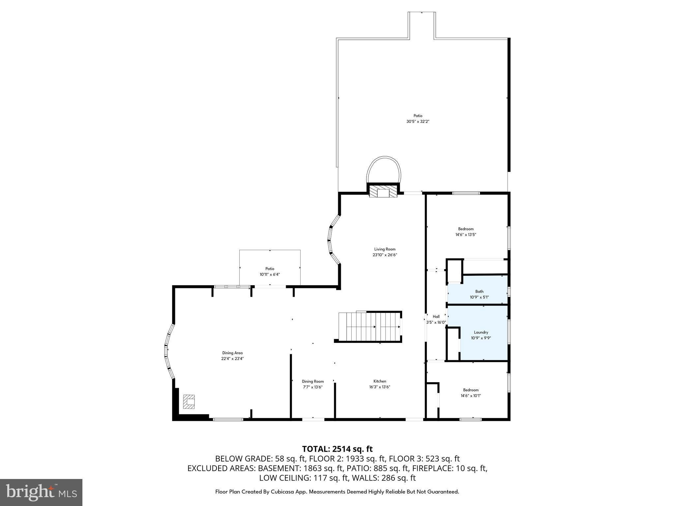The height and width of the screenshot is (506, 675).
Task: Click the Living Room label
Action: pyautogui.click(x=385, y=249)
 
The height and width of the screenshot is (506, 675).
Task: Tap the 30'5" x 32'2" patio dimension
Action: pyautogui.click(x=418, y=122)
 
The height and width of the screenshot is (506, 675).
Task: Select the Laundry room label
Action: pyautogui.click(x=481, y=332)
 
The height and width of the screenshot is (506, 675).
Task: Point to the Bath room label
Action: pyautogui.click(x=479, y=291)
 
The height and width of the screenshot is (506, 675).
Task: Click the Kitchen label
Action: pyautogui.click(x=380, y=381)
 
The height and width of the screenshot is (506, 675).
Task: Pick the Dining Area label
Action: pyautogui.click(x=232, y=353)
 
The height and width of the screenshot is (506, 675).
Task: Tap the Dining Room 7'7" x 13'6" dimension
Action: pyautogui.click(x=312, y=387)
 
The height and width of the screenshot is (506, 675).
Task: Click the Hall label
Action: pyautogui.click(x=436, y=317)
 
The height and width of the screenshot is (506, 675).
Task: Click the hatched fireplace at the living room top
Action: pyautogui.click(x=383, y=192)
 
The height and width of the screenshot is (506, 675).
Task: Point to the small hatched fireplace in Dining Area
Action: pyautogui.click(x=189, y=402)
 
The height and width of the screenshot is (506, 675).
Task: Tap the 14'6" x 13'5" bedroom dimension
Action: pyautogui.click(x=466, y=235)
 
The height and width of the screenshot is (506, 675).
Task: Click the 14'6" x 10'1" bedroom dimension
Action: pyautogui.click(x=471, y=396)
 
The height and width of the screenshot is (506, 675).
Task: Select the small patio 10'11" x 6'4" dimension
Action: pyautogui.click(x=270, y=274)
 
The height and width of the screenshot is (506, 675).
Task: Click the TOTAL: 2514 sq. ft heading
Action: pyautogui.click(x=337, y=449)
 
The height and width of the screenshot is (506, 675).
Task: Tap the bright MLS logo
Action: pyautogui.click(x=41, y=492)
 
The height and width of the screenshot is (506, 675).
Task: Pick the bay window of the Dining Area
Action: pyautogui.click(x=168, y=351)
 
